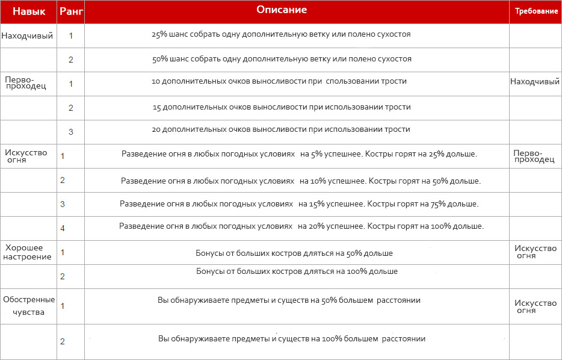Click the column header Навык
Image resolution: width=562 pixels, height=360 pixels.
tap(28, 11)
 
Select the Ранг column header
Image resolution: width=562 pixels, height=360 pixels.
tap(70, 11)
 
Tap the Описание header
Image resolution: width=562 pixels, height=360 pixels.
tap(282, 10)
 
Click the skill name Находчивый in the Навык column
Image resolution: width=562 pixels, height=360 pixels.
tap(27, 36)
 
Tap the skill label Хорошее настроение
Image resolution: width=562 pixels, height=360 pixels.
tap(28, 252)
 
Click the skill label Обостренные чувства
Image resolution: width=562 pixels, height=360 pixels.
tap(28, 305)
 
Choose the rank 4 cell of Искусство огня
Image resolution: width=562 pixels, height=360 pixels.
tap(63, 228)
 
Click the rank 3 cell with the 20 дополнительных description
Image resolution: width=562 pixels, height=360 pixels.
tap(70, 132)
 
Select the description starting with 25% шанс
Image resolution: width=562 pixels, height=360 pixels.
tap(282, 34)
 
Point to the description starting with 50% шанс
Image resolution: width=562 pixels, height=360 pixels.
tap(282, 58)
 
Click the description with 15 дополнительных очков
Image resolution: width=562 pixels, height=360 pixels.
tap(282, 107)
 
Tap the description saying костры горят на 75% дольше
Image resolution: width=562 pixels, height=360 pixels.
tap(299, 203)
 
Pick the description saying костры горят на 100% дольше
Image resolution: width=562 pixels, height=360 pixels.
tap(301, 226)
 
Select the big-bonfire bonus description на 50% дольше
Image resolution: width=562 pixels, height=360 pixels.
tap(294, 252)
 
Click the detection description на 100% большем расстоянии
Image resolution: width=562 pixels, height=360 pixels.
tap(292, 338)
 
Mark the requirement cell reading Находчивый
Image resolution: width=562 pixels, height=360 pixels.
tap(535, 82)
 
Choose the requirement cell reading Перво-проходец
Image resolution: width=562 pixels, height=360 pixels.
tap(534, 156)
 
